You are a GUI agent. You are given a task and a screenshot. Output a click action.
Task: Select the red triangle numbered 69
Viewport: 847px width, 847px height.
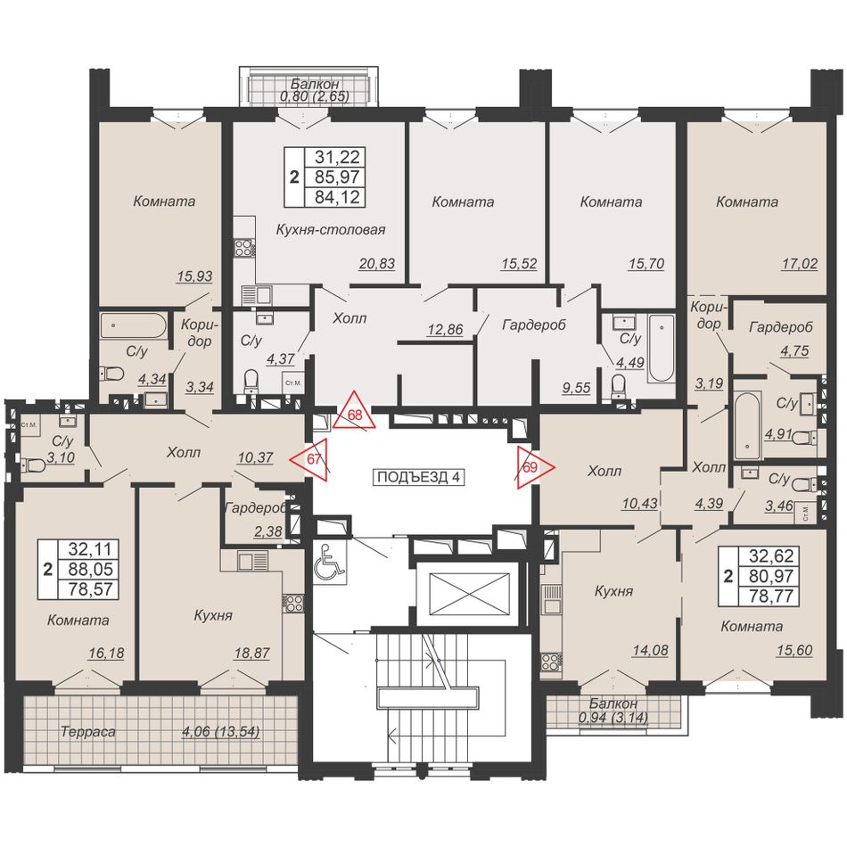[x=532, y=466]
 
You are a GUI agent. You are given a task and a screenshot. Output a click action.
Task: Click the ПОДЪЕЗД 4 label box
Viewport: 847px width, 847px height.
[x=419, y=477]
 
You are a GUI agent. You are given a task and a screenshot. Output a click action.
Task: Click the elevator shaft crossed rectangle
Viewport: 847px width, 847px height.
[x=469, y=594]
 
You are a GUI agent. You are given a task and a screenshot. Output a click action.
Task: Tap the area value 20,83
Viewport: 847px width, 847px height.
[x=377, y=264]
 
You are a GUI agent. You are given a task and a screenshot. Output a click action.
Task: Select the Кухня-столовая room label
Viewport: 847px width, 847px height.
[x=331, y=229]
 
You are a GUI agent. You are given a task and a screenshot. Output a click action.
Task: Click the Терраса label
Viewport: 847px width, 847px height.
[x=88, y=732]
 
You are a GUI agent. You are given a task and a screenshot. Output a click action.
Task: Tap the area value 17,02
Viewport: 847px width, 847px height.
[x=800, y=264]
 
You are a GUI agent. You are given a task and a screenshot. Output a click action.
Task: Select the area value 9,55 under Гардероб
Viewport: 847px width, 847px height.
[x=576, y=387]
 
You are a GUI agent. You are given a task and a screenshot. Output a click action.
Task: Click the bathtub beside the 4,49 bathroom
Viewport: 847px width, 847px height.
[x=662, y=348]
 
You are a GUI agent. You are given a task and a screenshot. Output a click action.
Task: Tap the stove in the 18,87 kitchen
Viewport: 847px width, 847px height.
[x=292, y=604]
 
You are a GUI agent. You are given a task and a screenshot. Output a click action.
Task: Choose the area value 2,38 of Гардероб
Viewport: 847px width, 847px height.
[x=268, y=531]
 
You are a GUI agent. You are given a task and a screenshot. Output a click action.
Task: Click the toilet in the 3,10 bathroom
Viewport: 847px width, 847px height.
[x=33, y=464]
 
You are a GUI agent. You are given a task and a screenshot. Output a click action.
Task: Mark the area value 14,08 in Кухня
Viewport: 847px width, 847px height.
[x=650, y=650]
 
